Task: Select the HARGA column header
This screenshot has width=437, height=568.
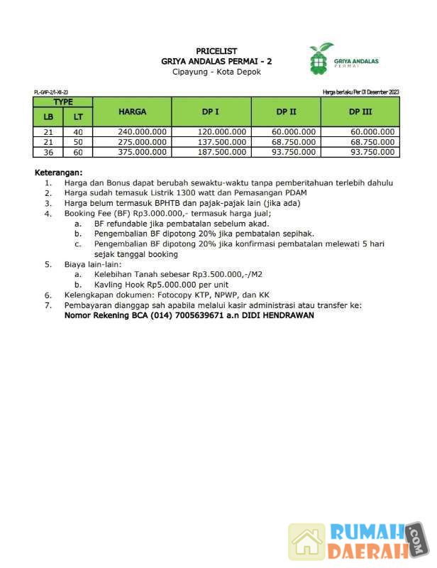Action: (132, 111)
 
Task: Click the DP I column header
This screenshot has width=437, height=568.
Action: (211, 111)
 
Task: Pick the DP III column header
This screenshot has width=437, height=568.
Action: (360, 111)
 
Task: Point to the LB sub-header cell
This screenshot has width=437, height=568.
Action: (48, 117)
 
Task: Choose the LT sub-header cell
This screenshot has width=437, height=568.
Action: (78, 117)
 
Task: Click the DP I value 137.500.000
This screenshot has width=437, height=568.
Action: (222, 142)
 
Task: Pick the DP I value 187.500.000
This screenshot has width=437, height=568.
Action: (222, 152)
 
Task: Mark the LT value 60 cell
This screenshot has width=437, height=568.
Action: (78, 152)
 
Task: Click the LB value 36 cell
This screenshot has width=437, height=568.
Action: (48, 152)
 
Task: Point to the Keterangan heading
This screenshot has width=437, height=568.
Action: (59, 173)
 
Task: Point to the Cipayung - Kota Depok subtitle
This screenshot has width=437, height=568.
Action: (216, 72)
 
